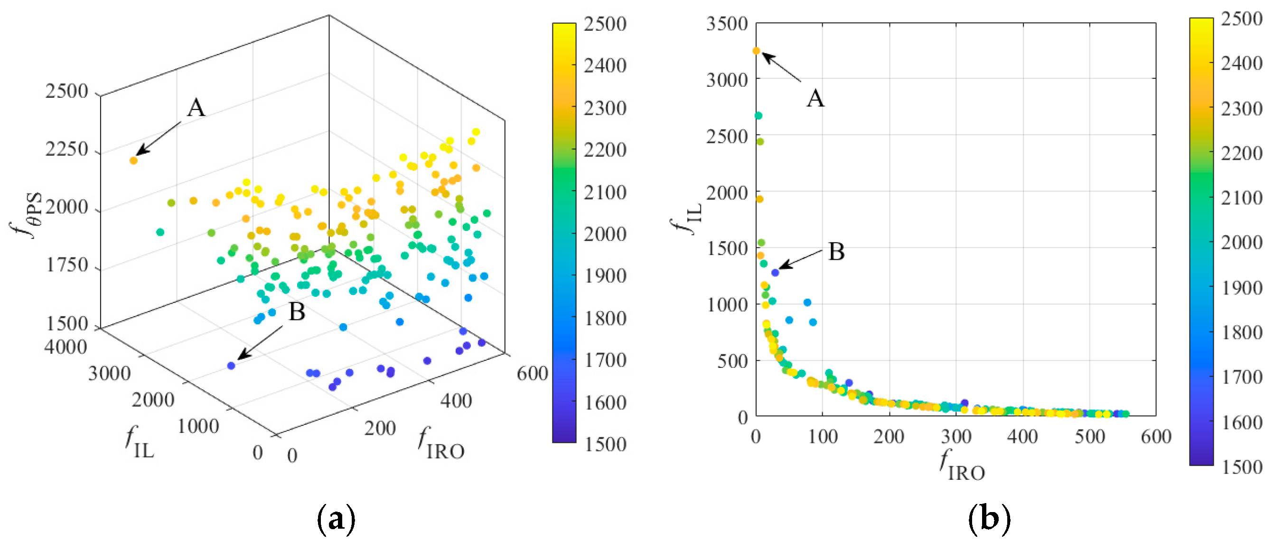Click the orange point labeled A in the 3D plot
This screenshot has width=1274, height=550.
tap(133, 160)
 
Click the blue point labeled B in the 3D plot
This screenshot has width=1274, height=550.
tap(231, 366)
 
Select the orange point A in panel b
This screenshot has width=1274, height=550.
tap(756, 50)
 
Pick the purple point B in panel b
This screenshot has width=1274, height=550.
tap(775, 272)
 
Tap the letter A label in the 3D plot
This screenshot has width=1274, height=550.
tap(196, 108)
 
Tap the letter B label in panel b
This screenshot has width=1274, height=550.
tap(836, 252)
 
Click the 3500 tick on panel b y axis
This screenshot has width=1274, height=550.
tap(727, 24)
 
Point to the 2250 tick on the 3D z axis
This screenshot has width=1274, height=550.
tap(66, 149)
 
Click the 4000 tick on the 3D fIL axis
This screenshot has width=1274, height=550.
tap(66, 347)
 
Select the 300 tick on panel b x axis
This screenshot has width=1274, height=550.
tap(956, 437)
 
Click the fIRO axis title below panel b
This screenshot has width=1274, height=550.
tap(962, 466)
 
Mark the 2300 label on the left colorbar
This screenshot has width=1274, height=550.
tap(605, 108)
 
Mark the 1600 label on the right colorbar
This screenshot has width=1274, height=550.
tap(1242, 422)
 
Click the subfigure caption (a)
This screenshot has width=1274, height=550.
tap(336, 519)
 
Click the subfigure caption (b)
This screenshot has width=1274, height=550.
tap(989, 519)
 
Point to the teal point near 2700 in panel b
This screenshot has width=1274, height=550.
tap(758, 116)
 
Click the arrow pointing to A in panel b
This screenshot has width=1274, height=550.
tap(782, 67)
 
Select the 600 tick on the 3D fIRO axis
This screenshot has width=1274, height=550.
tap(532, 374)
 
